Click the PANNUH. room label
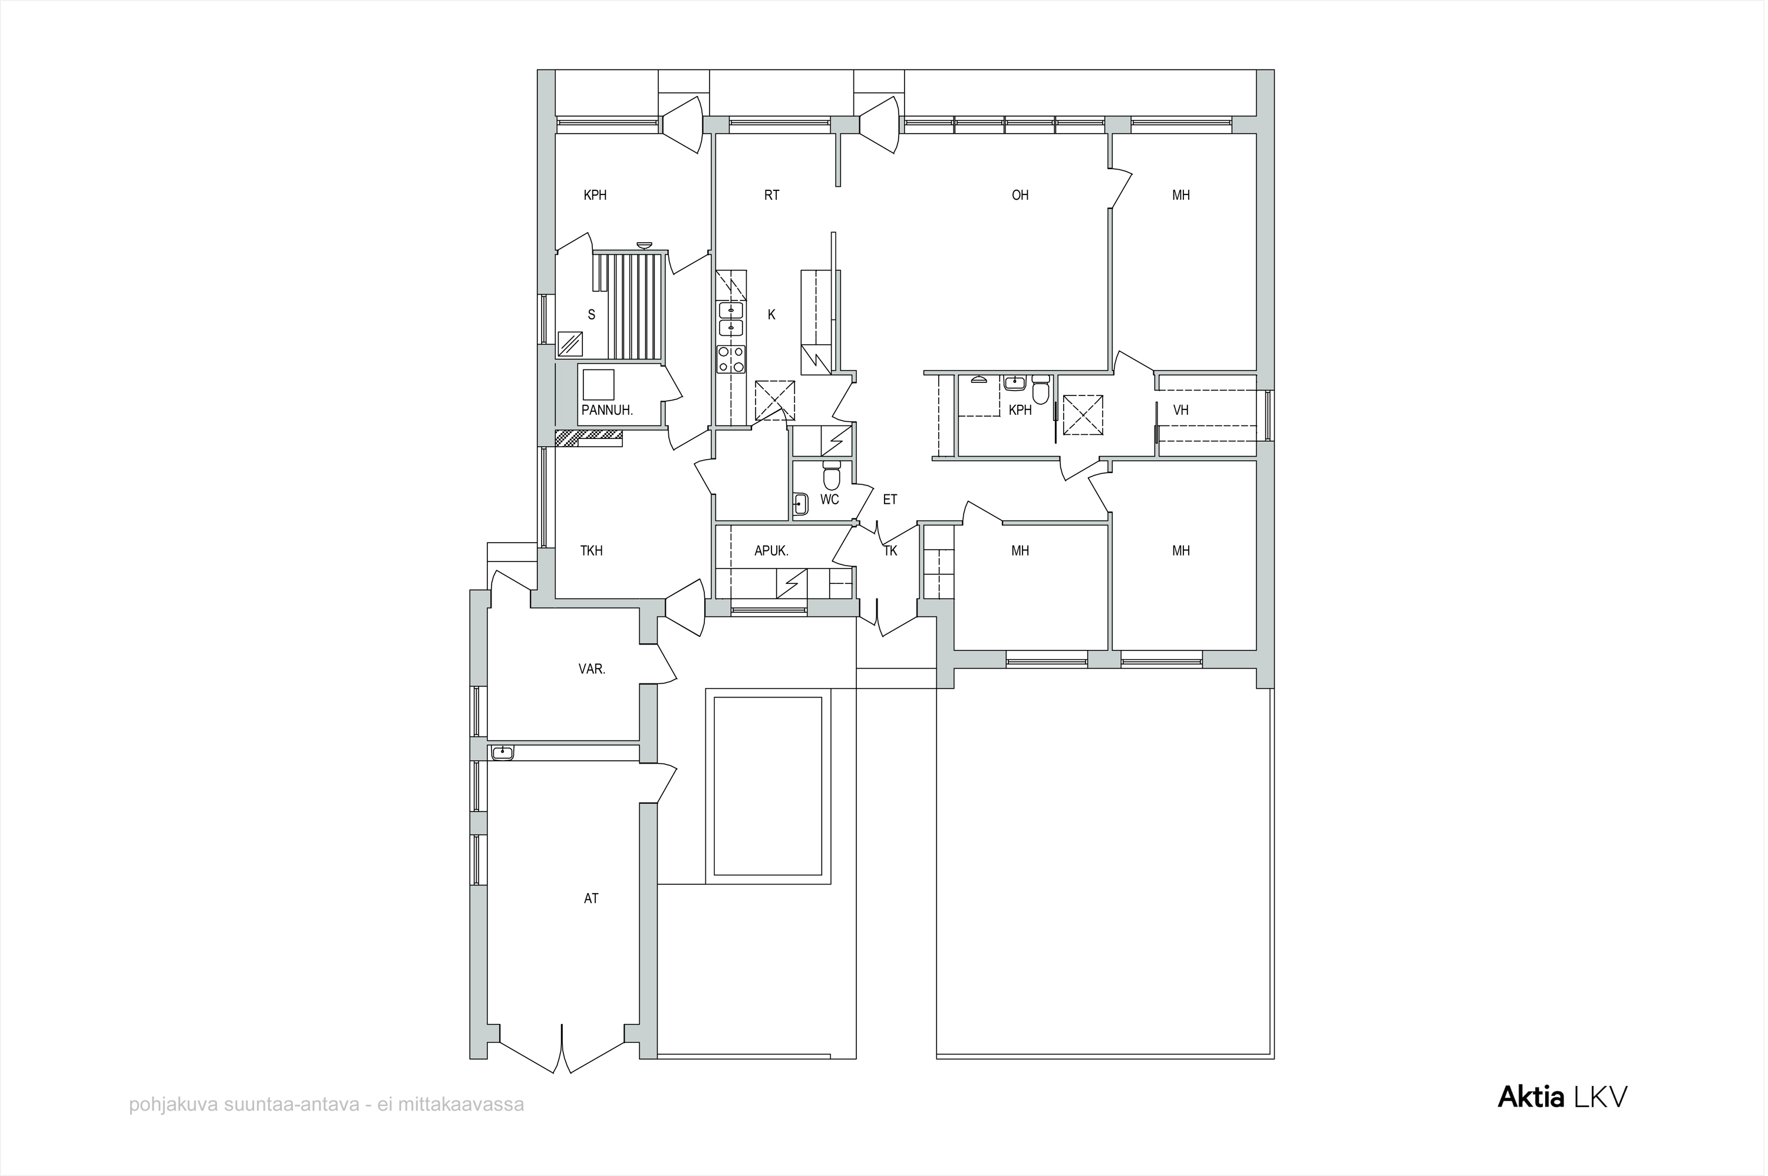coord(607,410)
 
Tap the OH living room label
coord(1020,195)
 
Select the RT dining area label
coord(772,195)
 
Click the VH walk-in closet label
coord(1180,410)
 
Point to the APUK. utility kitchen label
coord(771,550)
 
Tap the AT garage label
coord(591,898)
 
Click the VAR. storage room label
coord(592,669)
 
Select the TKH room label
coord(591,550)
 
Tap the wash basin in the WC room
coord(800,504)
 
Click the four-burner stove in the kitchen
coord(731,358)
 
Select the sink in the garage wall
coord(503,752)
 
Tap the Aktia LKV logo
coord(1562,1097)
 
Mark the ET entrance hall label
coord(890,500)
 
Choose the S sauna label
coord(591,315)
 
